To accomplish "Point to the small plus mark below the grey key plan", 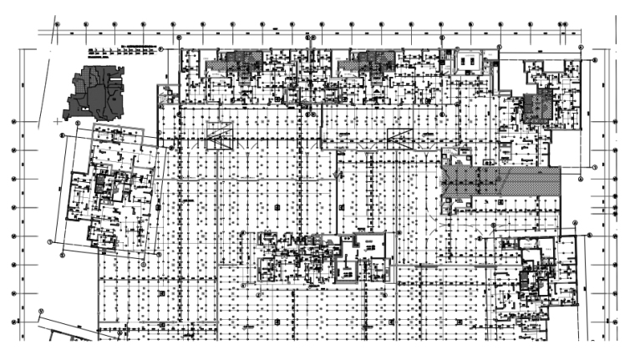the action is tap(58, 121).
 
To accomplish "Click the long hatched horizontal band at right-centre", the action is tap(499, 180).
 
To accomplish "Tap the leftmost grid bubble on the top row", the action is tap(57, 24).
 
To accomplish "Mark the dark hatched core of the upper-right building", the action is tap(532, 108).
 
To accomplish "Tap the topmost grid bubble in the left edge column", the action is tap(15, 122).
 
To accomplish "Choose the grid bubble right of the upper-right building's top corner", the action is tap(595, 60).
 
